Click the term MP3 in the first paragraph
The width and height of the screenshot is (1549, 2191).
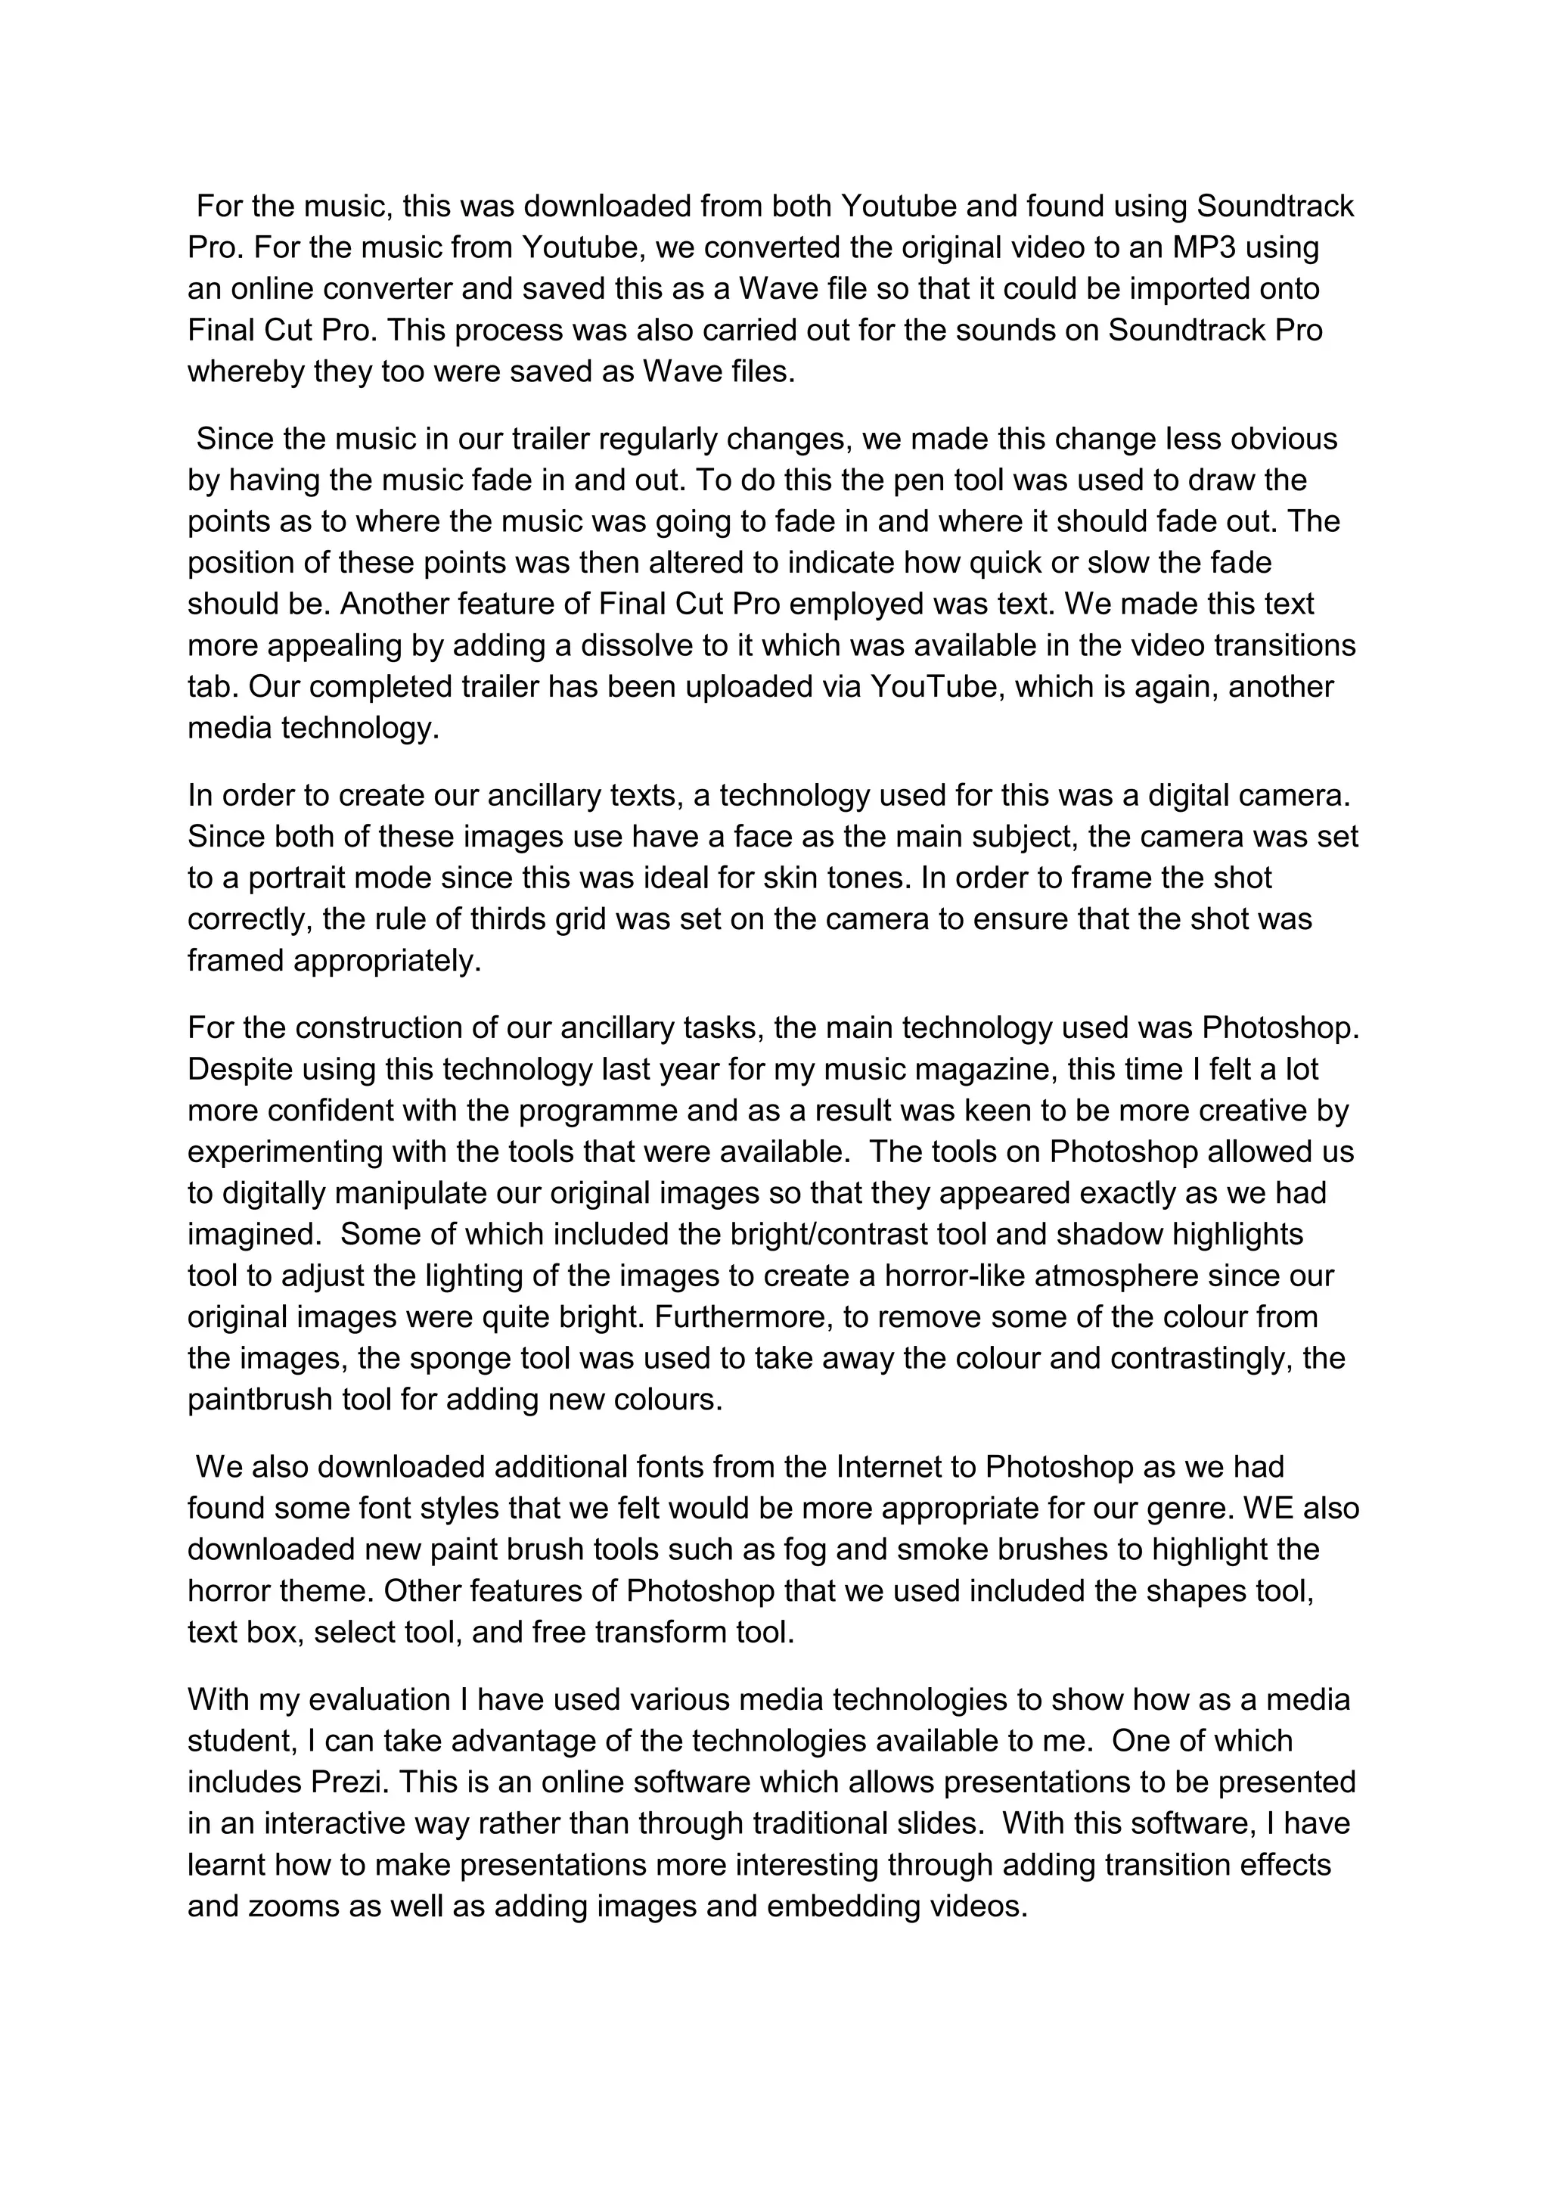click(1205, 247)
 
